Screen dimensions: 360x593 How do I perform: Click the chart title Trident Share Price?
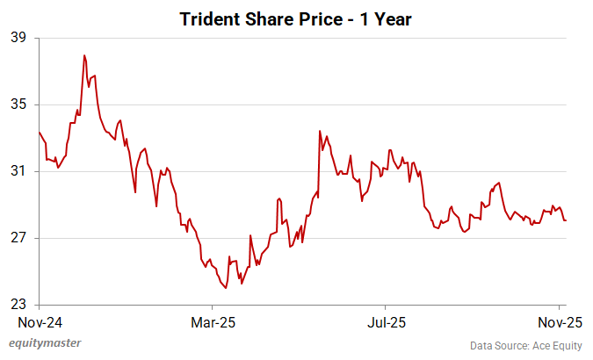click(x=295, y=18)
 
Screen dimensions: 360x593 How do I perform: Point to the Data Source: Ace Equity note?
click(x=525, y=345)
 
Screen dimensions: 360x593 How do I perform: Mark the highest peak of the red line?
click(x=84, y=55)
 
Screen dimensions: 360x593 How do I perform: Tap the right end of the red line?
click(x=566, y=220)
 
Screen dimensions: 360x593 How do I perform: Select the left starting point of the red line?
click(x=39, y=132)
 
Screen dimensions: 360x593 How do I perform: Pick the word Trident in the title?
click(x=209, y=18)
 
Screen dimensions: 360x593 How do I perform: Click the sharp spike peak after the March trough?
click(x=320, y=131)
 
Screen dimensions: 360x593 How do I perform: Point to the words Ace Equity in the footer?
click(x=552, y=345)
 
